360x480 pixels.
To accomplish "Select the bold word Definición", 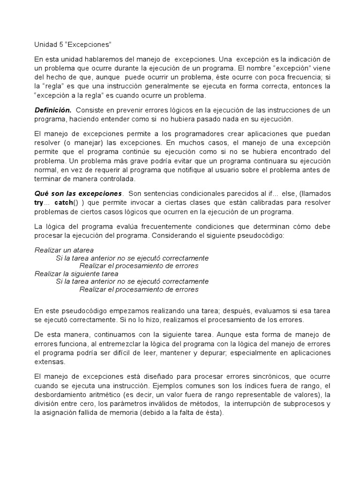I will coord(53,110).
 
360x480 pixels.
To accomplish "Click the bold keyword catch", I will coord(64,202).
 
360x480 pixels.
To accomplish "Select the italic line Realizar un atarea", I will coord(64,250).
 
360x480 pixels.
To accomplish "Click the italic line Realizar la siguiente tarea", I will coord(76,274).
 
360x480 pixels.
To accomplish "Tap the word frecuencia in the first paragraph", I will coord(284,77).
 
